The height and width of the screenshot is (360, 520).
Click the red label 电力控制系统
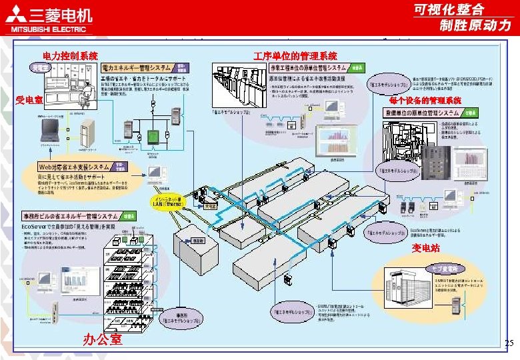click(70, 57)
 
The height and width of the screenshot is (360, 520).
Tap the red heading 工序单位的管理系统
click(295, 57)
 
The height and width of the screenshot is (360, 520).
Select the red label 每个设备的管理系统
click(425, 101)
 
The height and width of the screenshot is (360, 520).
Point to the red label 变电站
click(425, 249)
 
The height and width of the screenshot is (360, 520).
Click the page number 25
click(509, 344)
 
